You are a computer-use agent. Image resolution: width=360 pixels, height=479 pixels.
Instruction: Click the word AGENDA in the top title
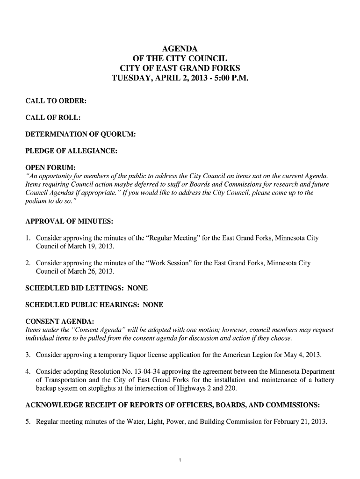tap(180, 49)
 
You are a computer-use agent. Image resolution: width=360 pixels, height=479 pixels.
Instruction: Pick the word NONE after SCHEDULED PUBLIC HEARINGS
tap(153, 305)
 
